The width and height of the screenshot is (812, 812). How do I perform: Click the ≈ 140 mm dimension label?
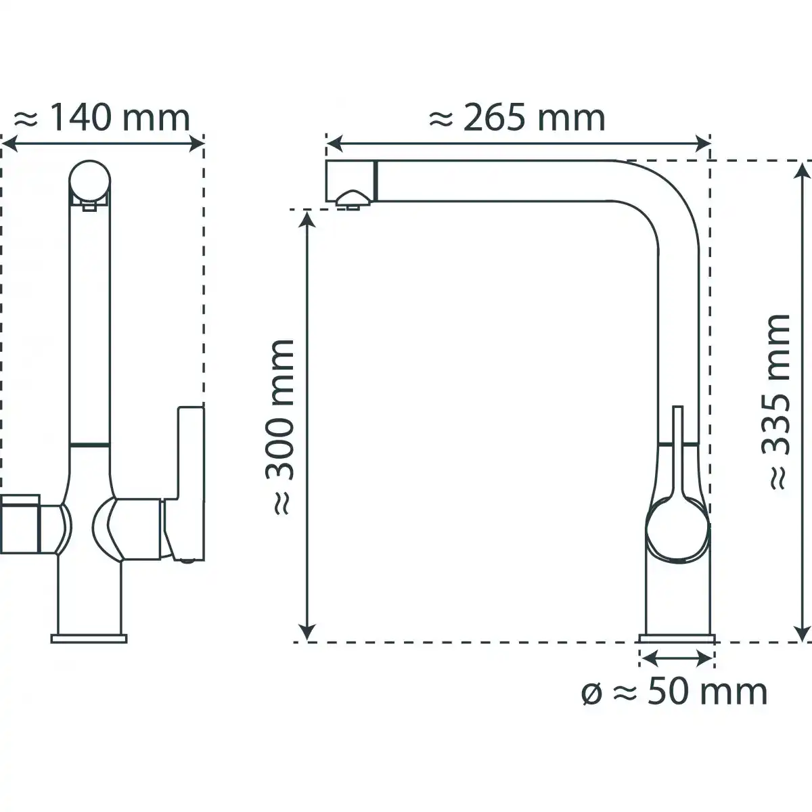pyautogui.click(x=101, y=118)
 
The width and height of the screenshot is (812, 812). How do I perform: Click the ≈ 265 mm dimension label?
pyautogui.click(x=518, y=118)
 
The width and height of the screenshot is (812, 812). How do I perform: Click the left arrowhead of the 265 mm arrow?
pyautogui.click(x=334, y=143)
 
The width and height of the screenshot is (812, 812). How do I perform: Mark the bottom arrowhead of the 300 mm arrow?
pyautogui.click(x=308, y=632)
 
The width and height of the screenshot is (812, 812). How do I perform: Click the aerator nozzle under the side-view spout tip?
pyautogui.click(x=352, y=198)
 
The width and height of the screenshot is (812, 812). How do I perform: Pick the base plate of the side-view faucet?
pyautogui.click(x=677, y=638)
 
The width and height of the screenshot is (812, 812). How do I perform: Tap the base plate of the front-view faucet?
pyautogui.click(x=89, y=638)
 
